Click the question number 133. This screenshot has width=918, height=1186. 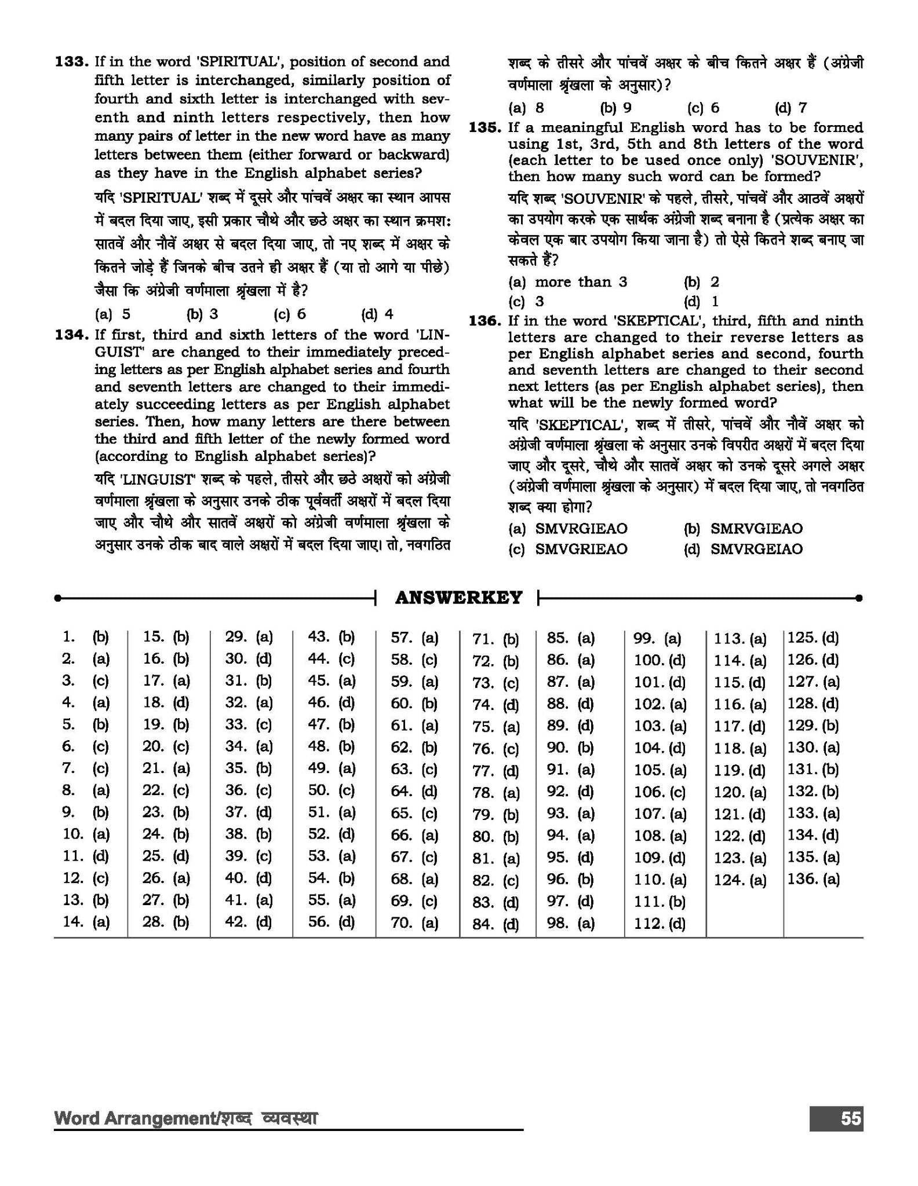click(71, 62)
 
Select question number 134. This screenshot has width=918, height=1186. click(71, 335)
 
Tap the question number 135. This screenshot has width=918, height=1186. click(485, 127)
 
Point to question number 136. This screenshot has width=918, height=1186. click(485, 321)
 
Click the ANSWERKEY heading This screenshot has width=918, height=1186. click(458, 598)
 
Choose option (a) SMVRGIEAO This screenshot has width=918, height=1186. click(568, 529)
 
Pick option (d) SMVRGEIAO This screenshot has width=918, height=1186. click(744, 549)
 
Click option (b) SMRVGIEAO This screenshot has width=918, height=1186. click(744, 529)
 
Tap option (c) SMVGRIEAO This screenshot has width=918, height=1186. click(568, 549)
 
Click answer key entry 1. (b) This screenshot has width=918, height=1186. click(86, 638)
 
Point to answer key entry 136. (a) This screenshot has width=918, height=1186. click(813, 880)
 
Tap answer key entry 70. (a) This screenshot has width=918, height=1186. click(414, 923)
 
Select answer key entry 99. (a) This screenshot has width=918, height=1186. click(657, 639)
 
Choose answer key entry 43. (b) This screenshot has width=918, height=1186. click(331, 638)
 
